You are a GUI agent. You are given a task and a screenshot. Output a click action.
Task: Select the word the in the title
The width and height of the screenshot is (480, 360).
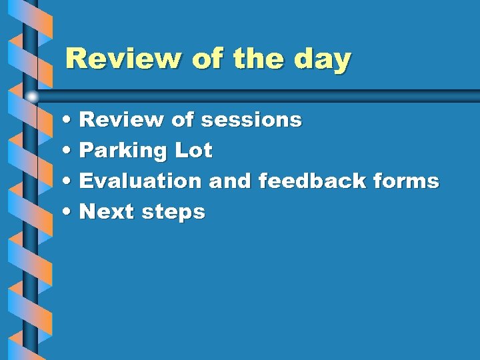coord(257,59)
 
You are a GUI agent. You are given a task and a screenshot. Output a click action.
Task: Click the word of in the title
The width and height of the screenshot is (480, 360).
coord(207,59)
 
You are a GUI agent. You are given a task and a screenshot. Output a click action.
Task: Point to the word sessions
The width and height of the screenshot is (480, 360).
coord(251,120)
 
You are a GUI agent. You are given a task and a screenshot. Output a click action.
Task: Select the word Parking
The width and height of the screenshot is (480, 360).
coord(122,151)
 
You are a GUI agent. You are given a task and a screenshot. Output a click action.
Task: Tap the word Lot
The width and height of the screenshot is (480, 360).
coord(193,151)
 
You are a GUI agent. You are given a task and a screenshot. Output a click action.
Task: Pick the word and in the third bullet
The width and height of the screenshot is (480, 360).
coord(229,181)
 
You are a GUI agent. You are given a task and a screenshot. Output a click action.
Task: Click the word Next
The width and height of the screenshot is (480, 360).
coord(107,212)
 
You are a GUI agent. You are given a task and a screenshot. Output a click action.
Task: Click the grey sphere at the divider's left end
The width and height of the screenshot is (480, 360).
coord(32,97)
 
